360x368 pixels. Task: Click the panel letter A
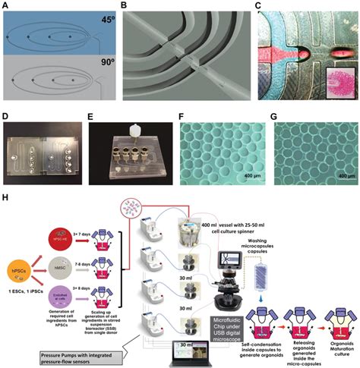(x=6, y=6)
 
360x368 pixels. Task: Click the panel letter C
(x=245, y=6)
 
